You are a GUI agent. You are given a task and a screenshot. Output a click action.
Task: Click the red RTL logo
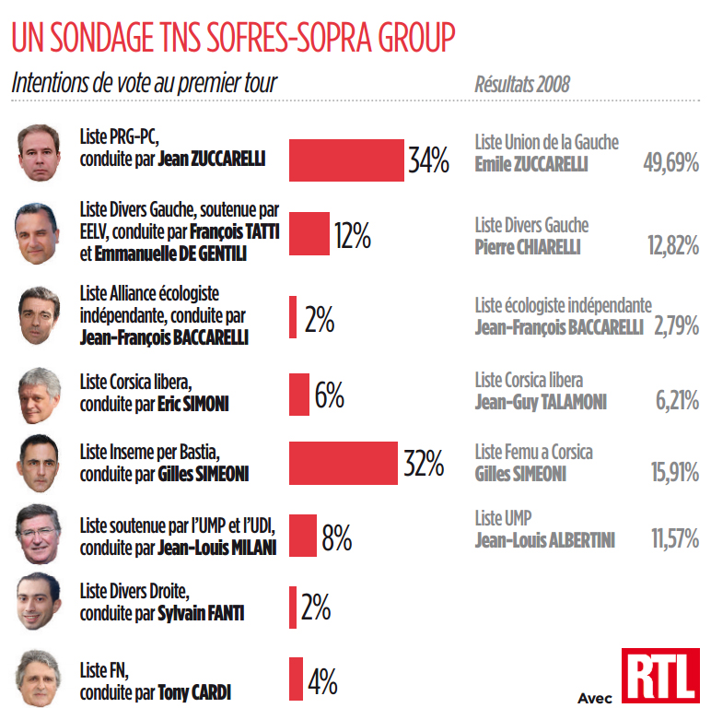659,678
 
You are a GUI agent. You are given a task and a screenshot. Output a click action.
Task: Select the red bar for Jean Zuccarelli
346,160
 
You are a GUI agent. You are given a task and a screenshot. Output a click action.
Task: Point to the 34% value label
428,162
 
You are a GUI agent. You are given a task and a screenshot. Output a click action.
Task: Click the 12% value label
352,235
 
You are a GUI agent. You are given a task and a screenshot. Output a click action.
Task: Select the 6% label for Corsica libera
329,395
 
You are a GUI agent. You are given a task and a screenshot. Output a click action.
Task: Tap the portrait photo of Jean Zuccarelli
39,152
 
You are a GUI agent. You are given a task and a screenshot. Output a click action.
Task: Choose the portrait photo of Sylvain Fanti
39,603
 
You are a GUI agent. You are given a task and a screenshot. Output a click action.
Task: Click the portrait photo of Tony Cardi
39,680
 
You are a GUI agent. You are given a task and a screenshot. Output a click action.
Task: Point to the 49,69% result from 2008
670,164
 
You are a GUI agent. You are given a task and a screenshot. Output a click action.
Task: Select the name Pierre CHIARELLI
528,247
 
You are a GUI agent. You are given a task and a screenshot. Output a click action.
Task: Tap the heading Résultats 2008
522,84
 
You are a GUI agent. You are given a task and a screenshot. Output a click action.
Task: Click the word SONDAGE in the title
119,39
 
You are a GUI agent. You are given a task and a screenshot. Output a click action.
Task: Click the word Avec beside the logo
595,696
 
